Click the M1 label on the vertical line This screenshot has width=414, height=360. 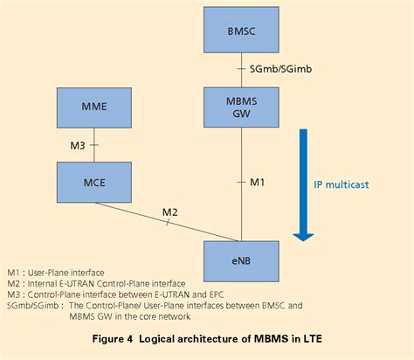257,182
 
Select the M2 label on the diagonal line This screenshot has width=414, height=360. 171,212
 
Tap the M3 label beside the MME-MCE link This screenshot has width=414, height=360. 77,146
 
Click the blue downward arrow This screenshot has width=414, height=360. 303,183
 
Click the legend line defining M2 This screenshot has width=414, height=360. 96,283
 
